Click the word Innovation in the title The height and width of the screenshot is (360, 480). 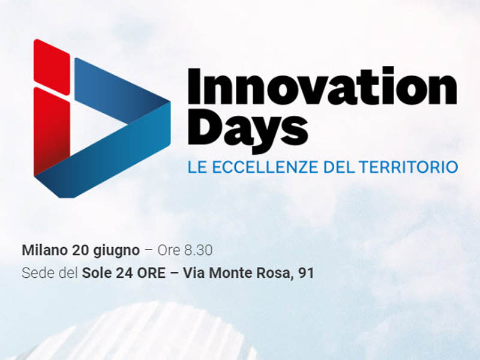[x=322, y=86]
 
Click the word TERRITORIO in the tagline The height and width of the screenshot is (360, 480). [x=409, y=167]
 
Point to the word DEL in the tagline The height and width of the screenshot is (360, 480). [x=339, y=167]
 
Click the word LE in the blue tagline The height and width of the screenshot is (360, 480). [x=197, y=167]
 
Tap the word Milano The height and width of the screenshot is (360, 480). [x=44, y=250]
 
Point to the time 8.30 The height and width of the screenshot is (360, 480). [x=198, y=250]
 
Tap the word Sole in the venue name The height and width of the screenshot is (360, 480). [x=97, y=273]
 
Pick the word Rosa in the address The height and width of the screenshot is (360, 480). [x=273, y=274]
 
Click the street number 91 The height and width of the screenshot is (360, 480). [x=306, y=273]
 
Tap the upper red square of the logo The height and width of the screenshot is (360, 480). [x=52, y=62]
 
